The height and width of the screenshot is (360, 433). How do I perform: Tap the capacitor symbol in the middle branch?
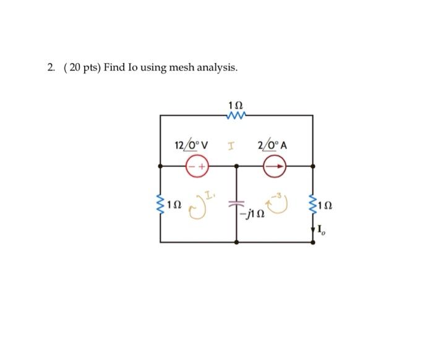(x=236, y=202)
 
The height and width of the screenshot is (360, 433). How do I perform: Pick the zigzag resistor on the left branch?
(x=161, y=202)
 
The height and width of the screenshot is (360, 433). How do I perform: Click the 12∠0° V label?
(x=191, y=146)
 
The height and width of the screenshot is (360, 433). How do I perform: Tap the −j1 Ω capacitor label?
(x=254, y=214)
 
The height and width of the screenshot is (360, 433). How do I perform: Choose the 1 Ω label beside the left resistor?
(x=175, y=203)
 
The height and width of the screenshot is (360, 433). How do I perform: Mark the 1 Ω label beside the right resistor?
(x=326, y=203)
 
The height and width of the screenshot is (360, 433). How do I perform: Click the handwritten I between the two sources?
(x=231, y=147)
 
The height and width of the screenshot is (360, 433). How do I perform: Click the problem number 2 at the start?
(x=50, y=67)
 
